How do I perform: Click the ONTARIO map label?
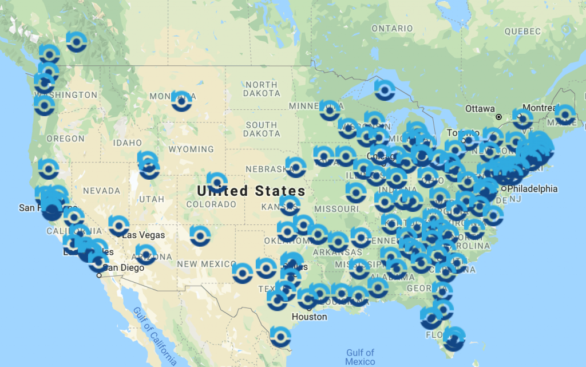point(392,29)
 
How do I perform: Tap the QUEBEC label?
point(523,31)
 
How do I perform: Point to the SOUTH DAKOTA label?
point(261,129)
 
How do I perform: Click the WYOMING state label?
point(191,149)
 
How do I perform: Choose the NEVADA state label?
point(101,191)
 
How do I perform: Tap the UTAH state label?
point(151,199)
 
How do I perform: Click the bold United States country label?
point(251,191)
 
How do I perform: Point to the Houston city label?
point(309,317)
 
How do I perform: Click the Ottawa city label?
point(479,109)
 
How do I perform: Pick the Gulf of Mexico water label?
point(360,357)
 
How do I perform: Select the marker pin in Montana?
point(181,100)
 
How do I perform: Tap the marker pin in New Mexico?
point(200,234)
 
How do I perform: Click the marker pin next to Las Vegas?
point(118,226)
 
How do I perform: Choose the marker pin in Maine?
point(565,114)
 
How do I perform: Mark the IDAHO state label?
point(127,143)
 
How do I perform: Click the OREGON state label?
point(65,139)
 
